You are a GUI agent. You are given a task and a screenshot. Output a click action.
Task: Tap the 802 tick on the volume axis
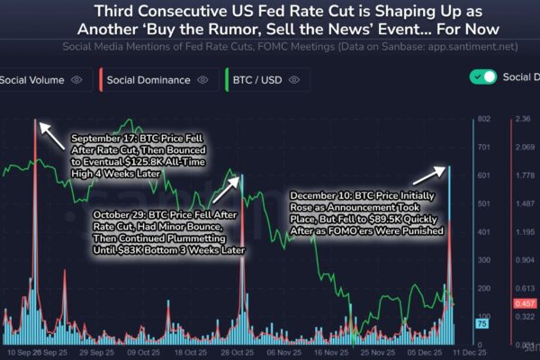(x=484, y=119)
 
